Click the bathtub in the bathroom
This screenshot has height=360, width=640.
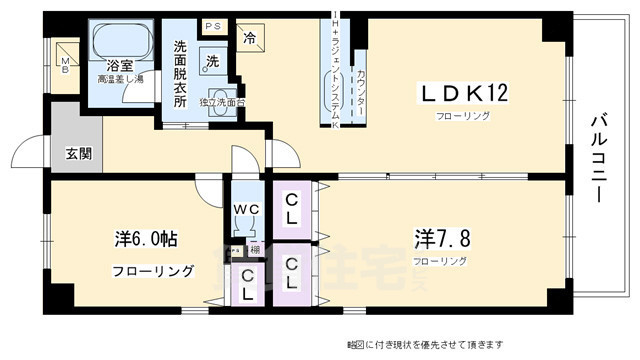coord(120,42)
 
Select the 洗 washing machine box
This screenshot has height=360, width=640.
coord(212,60)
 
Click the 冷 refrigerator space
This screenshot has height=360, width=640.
coord(247,40)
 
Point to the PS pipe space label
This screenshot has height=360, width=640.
coord(212,26)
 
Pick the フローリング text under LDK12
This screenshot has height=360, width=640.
coord(461,117)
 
